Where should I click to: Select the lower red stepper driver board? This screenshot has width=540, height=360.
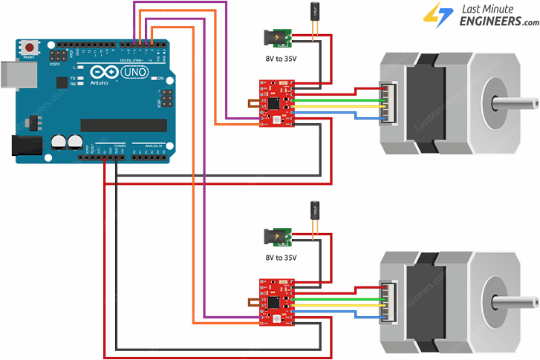(x=277, y=301)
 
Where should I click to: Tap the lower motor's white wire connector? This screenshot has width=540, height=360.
(x=388, y=301)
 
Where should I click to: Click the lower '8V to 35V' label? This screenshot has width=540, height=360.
(x=281, y=258)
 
